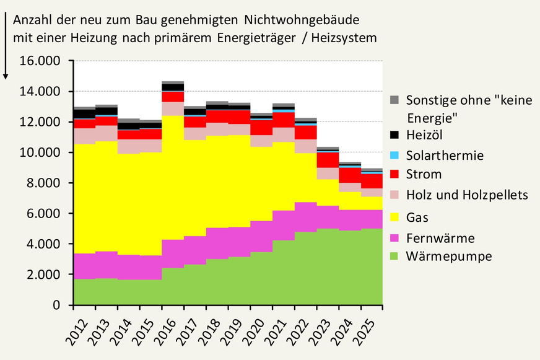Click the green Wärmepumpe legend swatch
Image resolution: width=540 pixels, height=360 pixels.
(394, 257)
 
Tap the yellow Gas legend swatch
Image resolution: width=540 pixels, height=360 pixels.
(394, 217)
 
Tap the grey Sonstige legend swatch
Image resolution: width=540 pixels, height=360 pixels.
(394, 100)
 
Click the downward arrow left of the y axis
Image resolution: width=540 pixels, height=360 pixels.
(6, 46)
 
